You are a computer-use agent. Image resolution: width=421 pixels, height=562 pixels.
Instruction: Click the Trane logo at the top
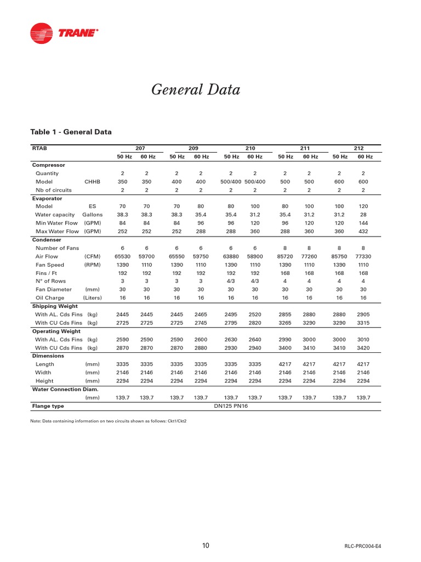(64, 33)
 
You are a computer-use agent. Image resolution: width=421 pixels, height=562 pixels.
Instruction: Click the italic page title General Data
(195, 90)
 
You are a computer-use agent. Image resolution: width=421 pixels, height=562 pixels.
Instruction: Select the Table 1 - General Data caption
(71, 132)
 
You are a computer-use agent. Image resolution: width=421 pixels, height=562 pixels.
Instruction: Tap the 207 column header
(141, 148)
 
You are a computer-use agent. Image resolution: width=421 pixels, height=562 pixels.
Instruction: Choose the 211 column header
(305, 148)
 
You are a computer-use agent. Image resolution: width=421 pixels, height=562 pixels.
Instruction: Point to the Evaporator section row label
(47, 198)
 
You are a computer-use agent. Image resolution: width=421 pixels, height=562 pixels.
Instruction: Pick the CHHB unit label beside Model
(93, 182)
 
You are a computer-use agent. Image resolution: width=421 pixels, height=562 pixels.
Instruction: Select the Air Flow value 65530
(122, 256)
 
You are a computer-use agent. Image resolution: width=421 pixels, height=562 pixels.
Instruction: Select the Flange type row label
(48, 406)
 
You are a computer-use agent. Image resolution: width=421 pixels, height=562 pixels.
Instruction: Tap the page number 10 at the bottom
(206, 546)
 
